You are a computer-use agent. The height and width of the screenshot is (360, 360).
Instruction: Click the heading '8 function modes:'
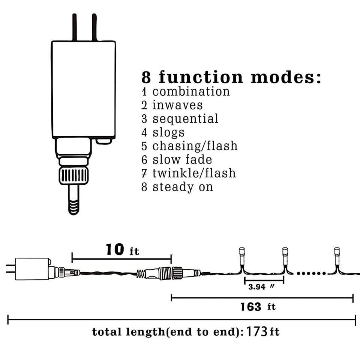coord(231,77)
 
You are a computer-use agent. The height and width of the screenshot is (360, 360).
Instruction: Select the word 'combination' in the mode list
coord(191,91)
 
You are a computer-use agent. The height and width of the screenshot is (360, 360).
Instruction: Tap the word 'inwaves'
coord(177,105)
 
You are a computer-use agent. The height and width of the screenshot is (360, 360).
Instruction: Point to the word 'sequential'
coord(185,119)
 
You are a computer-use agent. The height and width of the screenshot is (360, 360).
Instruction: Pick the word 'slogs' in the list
coord(168,132)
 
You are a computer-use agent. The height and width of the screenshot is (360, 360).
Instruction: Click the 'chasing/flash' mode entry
coord(195,146)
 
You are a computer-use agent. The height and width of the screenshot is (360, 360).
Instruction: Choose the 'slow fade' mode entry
coord(182,160)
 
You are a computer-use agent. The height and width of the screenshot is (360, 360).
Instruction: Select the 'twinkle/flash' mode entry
coord(194,173)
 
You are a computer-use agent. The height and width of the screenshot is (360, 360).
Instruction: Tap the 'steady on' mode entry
coord(183,187)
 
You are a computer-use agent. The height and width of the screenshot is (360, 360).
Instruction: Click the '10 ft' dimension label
coord(122,249)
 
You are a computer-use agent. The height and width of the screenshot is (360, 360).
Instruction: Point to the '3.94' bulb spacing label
coord(257,287)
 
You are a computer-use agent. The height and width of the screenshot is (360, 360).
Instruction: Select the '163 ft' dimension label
coord(258,307)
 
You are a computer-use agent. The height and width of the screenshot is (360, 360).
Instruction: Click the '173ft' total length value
coord(263,332)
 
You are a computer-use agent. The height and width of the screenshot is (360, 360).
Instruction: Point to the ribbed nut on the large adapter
coord(74,175)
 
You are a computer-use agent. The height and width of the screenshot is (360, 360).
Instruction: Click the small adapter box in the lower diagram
coord(32,268)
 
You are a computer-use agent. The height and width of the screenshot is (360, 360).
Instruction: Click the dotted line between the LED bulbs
coord(311,273)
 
